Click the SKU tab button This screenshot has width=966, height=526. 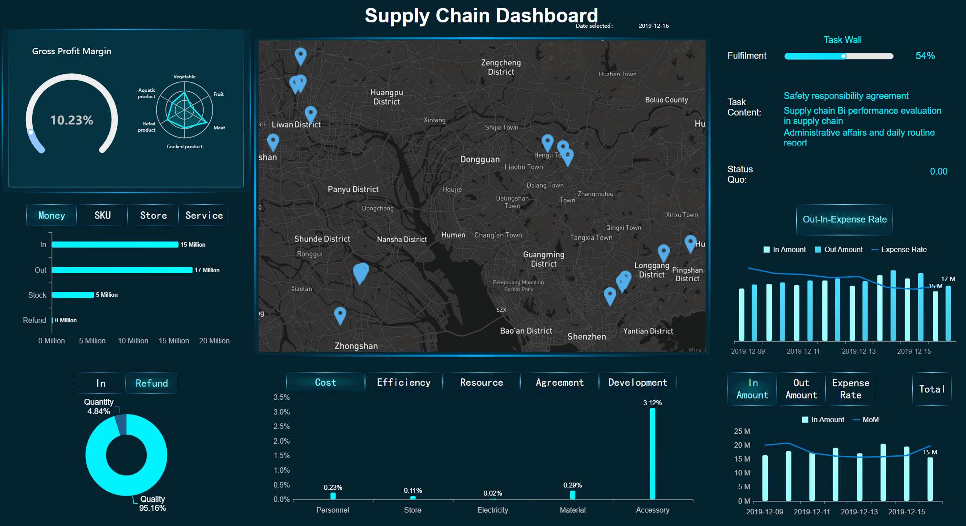point(102,215)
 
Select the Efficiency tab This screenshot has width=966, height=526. point(404,382)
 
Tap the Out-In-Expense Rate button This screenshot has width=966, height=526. point(844,219)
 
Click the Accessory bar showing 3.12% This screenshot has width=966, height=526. point(652,453)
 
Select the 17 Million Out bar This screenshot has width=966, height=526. point(122,270)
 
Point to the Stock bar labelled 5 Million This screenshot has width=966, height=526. point(73,295)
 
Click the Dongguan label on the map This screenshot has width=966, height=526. point(480,159)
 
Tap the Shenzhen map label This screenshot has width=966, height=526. point(587,337)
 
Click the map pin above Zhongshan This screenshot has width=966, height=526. point(340,314)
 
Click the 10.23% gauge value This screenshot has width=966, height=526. point(72,120)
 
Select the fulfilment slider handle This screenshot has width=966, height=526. point(843,56)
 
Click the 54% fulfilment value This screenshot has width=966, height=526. point(925,56)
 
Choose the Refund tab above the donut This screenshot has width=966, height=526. point(152,383)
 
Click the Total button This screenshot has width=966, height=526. point(932,389)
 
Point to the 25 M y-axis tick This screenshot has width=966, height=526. point(742,431)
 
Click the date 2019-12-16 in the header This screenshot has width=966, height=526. point(654,26)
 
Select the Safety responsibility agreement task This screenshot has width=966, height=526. point(846,96)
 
